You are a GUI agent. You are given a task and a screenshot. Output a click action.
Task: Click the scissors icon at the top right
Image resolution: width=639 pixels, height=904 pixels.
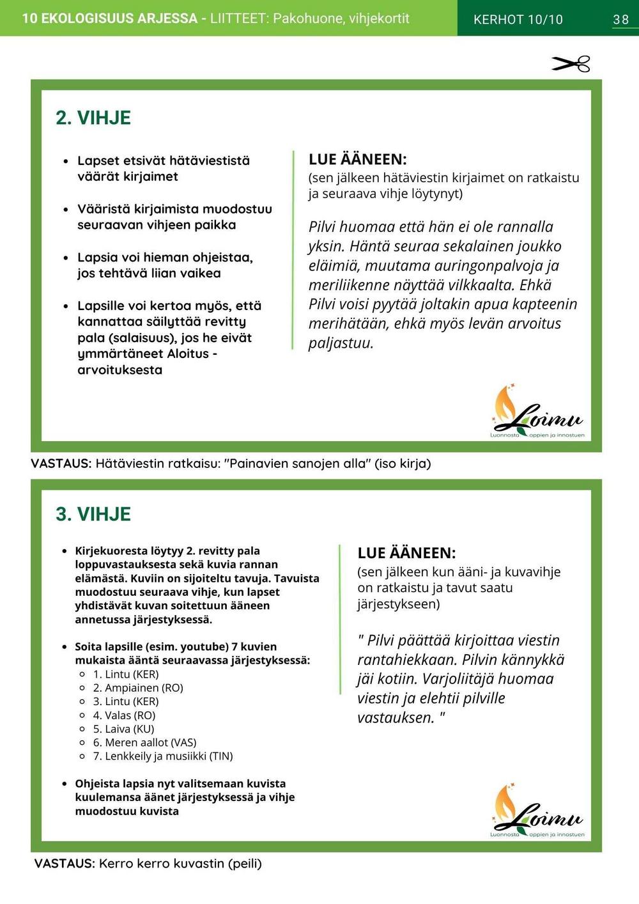tap(571, 64)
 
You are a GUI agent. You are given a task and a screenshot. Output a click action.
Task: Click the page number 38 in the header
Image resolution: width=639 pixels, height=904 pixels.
tap(620, 19)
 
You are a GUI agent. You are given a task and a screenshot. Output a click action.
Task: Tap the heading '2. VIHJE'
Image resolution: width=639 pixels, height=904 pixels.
tap(93, 118)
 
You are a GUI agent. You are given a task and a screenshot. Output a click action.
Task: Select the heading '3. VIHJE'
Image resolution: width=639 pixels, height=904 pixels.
tap(93, 514)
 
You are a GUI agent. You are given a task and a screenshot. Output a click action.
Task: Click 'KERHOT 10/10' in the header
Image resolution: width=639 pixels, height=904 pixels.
tap(518, 19)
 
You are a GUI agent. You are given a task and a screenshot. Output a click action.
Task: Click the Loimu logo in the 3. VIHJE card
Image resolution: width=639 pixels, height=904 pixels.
tap(537, 810)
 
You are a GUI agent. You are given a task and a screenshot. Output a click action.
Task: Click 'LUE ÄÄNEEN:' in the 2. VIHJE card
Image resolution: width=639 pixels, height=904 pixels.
tap(358, 159)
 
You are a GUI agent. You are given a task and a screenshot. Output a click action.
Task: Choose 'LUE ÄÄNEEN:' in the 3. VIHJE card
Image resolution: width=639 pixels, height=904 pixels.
tap(406, 553)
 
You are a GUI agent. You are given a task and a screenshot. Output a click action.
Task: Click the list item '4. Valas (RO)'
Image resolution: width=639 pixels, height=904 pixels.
tap(124, 715)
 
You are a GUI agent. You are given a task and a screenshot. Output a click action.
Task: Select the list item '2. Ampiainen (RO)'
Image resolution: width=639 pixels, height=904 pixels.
tap(138, 688)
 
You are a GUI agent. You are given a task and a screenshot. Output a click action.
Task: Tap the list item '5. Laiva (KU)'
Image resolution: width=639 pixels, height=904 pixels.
tap(123, 729)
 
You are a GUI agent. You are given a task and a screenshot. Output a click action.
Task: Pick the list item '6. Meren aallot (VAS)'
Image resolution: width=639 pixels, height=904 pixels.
tap(144, 742)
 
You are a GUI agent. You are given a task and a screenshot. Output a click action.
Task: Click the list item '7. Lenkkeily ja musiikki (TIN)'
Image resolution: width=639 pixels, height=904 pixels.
tap(163, 756)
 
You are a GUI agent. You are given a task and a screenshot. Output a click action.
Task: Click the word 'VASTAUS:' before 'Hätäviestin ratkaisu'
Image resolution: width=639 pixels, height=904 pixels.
tap(61, 464)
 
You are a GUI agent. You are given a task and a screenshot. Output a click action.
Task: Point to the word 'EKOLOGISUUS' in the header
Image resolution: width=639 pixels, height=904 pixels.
tap(119, 18)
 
